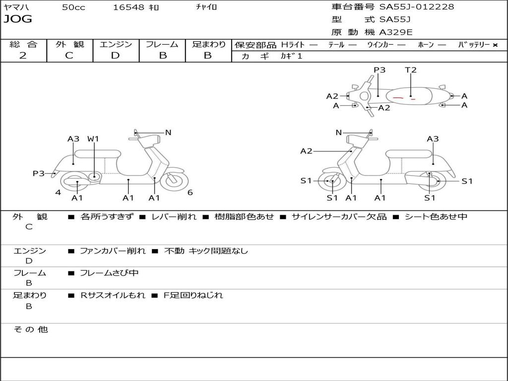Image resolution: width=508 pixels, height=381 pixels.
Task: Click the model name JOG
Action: coord(18,19)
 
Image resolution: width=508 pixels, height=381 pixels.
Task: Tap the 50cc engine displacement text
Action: coord(73,7)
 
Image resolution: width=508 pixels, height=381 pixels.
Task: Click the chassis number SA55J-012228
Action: coord(417,7)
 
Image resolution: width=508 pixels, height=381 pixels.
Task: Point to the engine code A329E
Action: coord(395,33)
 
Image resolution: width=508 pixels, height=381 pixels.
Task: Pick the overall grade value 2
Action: coord(23,56)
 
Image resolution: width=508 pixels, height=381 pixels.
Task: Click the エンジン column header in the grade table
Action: coord(116,44)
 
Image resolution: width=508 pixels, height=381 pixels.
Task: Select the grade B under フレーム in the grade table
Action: coord(162,56)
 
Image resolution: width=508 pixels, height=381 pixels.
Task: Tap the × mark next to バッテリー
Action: coord(495,45)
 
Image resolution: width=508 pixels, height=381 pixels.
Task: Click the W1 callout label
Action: coord(93,139)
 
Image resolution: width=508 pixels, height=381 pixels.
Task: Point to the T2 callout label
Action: coord(411,70)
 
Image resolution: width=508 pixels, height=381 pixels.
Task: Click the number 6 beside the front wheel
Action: coord(190,192)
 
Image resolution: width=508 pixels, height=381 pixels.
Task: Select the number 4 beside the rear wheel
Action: coord(58,192)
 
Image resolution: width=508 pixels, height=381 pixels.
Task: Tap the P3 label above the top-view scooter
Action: coord(380,70)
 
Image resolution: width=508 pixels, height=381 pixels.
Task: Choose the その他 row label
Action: coord(30,329)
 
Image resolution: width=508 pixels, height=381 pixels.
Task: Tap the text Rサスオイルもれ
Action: coord(113,295)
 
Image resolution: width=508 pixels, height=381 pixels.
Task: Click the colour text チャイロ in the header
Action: coord(206,7)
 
